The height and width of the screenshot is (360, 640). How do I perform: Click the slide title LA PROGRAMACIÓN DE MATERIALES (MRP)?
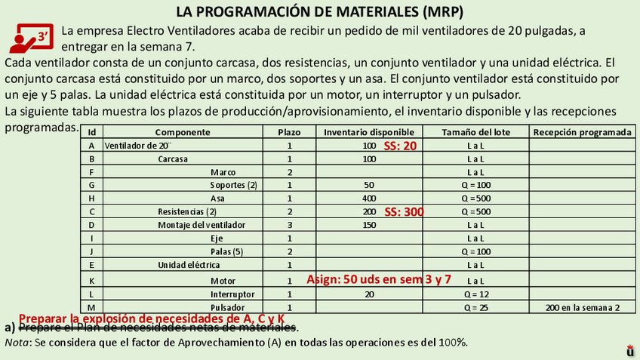pos(319,12)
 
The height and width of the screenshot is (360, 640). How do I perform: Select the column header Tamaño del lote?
pos(475,132)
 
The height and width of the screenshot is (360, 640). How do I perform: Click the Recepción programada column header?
pos(582,132)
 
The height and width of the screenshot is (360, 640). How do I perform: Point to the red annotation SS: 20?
pos(400,146)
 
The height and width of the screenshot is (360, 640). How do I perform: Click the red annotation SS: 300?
pos(404,212)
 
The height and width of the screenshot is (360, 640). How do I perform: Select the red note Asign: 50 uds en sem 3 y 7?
pos(379,279)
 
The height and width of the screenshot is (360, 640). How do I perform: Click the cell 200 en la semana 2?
pos(582,307)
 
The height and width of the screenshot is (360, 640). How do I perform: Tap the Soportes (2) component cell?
pos(233,185)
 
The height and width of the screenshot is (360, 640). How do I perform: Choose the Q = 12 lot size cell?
pos(475,294)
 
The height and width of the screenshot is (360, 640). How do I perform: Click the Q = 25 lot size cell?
pos(475,307)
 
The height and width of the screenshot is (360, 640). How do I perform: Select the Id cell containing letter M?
pos(91,307)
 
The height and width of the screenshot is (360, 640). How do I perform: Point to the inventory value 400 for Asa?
pos(369,198)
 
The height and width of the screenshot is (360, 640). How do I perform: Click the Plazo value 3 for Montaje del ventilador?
pos(289,225)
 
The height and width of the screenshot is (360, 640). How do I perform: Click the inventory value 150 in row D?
pos(369,225)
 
